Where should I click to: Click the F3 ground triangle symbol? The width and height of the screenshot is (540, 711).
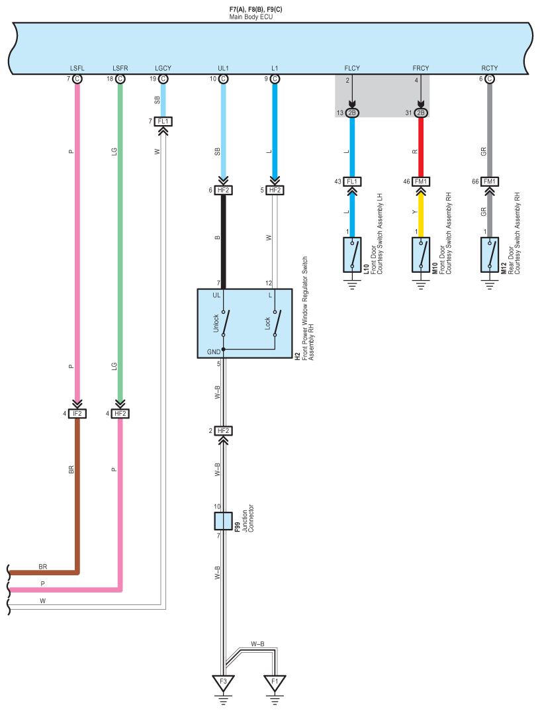point(223,681)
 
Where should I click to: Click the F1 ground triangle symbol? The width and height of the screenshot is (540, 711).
point(275,681)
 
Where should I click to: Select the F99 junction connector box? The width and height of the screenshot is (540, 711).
point(223,521)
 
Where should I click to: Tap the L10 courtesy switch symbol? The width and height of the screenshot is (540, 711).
point(352,255)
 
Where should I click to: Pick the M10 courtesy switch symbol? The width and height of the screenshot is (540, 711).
point(421,255)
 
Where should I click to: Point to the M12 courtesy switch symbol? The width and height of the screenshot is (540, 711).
point(489,255)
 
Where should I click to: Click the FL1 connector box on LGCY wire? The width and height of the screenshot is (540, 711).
point(163,121)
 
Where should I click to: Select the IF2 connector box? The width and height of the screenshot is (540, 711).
point(77,414)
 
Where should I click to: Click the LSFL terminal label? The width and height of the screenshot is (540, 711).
point(77,68)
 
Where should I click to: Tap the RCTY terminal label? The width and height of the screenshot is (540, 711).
point(489,68)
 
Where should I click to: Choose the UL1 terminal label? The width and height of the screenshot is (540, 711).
point(223,68)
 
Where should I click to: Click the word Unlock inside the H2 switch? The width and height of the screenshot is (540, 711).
point(216,324)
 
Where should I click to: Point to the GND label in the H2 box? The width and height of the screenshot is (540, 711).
point(213,352)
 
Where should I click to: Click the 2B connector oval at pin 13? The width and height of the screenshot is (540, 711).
point(352,113)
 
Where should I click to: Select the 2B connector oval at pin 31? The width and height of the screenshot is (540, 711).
point(421,113)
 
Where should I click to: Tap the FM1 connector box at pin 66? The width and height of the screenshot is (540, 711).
point(489,181)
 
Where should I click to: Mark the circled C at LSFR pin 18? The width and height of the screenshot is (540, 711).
point(120,79)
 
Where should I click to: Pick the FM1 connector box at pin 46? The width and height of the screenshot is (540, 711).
point(421,181)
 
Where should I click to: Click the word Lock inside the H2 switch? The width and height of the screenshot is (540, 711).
point(267,324)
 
